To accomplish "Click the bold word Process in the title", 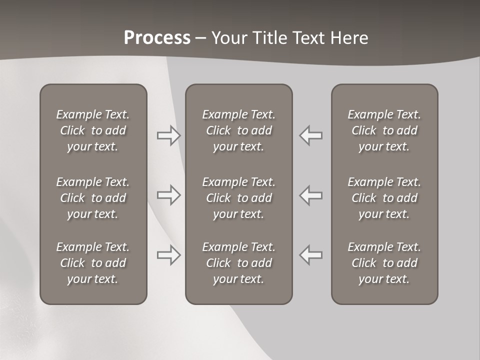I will point(157,38).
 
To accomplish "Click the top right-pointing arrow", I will point(169,135).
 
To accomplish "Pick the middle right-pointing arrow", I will point(169,195).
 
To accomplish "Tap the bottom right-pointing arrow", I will point(169,255).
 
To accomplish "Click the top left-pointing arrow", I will point(311,135).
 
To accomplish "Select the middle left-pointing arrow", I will point(311,195).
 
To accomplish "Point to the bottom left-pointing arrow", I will point(311,255).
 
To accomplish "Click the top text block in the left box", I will point(93,130).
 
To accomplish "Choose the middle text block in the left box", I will point(93,198).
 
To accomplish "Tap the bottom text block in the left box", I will point(93,263).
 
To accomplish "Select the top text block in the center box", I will point(239,130).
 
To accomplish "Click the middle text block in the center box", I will point(239,198).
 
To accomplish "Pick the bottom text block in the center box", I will point(239,263).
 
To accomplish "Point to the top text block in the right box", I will point(384,130).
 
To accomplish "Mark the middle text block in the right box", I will point(384,198).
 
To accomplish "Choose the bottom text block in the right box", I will point(384,263).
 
